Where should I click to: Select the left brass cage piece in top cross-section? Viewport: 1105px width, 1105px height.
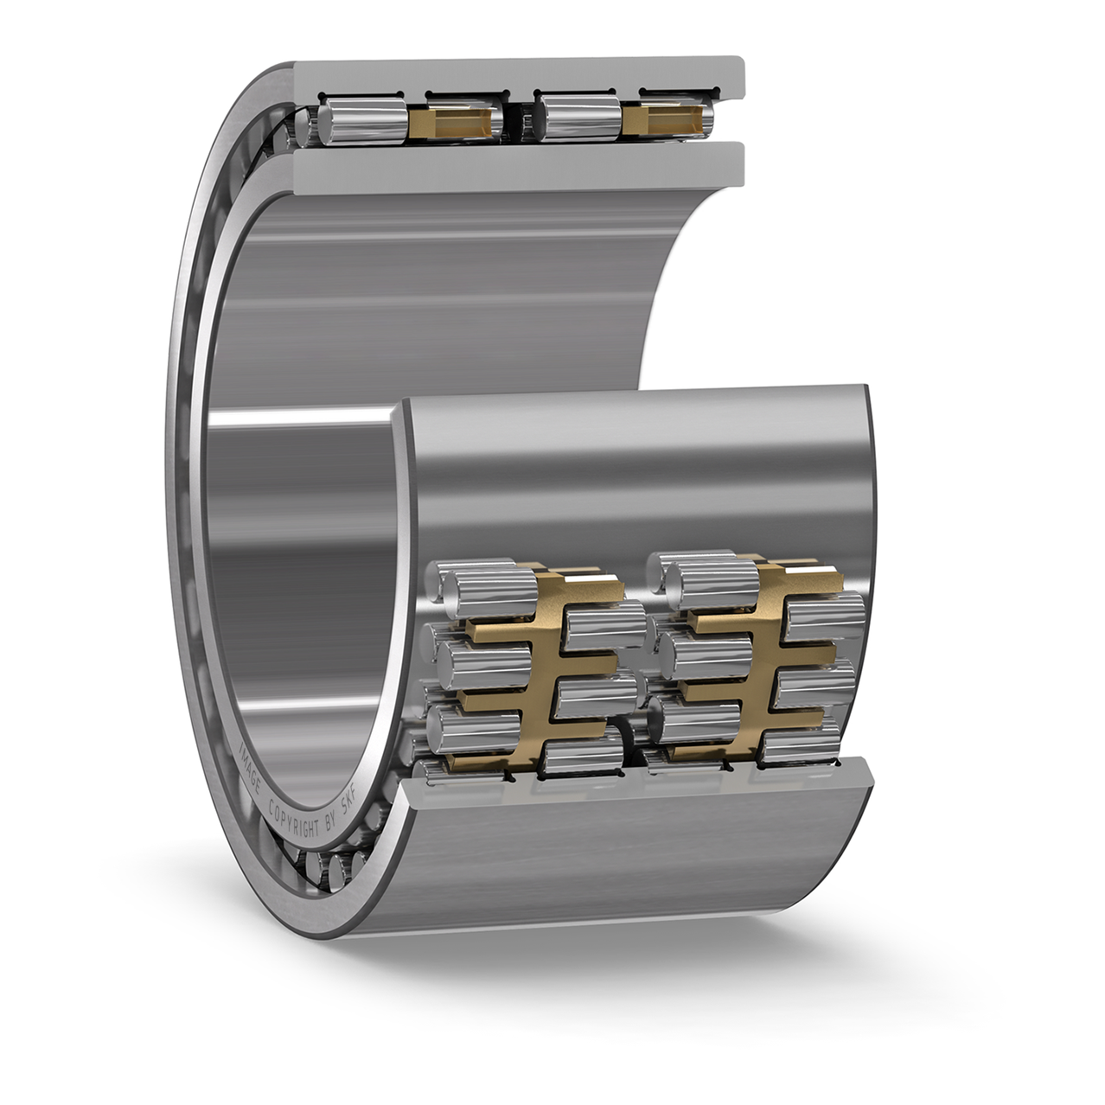coord(450,122)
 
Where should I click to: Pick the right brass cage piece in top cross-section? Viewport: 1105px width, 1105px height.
coord(663,119)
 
